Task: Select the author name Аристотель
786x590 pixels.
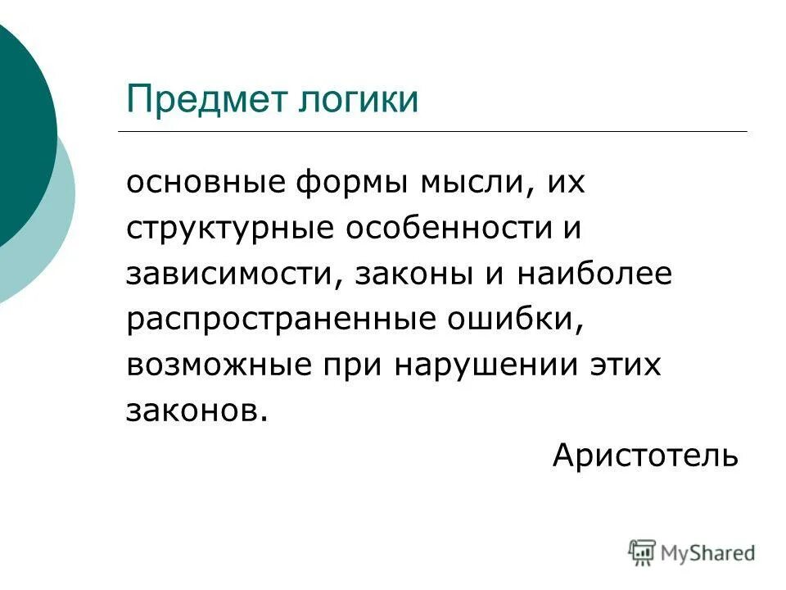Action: (645, 455)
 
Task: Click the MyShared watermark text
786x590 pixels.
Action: (709, 553)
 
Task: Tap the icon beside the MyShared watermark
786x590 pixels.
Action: (643, 552)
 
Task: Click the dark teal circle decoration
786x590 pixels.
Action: (20, 131)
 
